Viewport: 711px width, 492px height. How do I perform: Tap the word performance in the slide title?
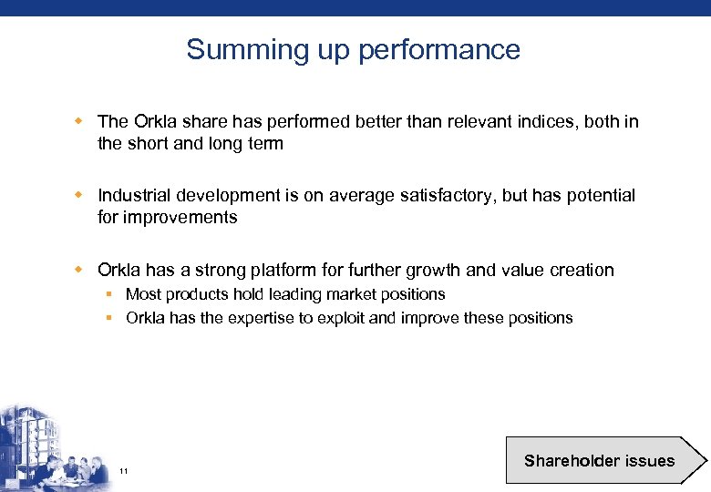pyautogui.click(x=438, y=50)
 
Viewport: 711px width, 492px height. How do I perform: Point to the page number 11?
pyautogui.click(x=123, y=471)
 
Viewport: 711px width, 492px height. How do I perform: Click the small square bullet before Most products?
pyautogui.click(x=108, y=294)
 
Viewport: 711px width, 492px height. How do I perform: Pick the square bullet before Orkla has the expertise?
pyautogui.click(x=108, y=318)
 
